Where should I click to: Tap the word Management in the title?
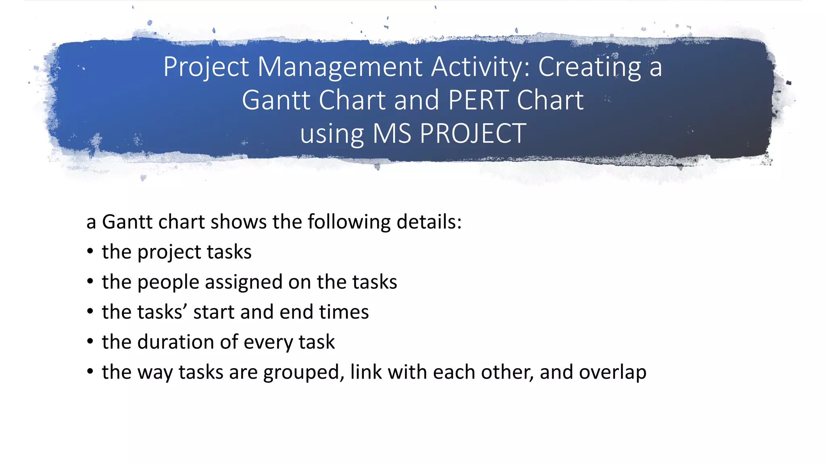click(340, 66)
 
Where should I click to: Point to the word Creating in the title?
click(590, 66)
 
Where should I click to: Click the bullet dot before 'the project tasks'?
click(90, 251)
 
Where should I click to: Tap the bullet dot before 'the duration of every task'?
click(90, 342)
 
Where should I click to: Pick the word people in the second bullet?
click(168, 282)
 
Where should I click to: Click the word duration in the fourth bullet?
click(175, 342)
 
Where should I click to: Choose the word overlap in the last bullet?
click(613, 372)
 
